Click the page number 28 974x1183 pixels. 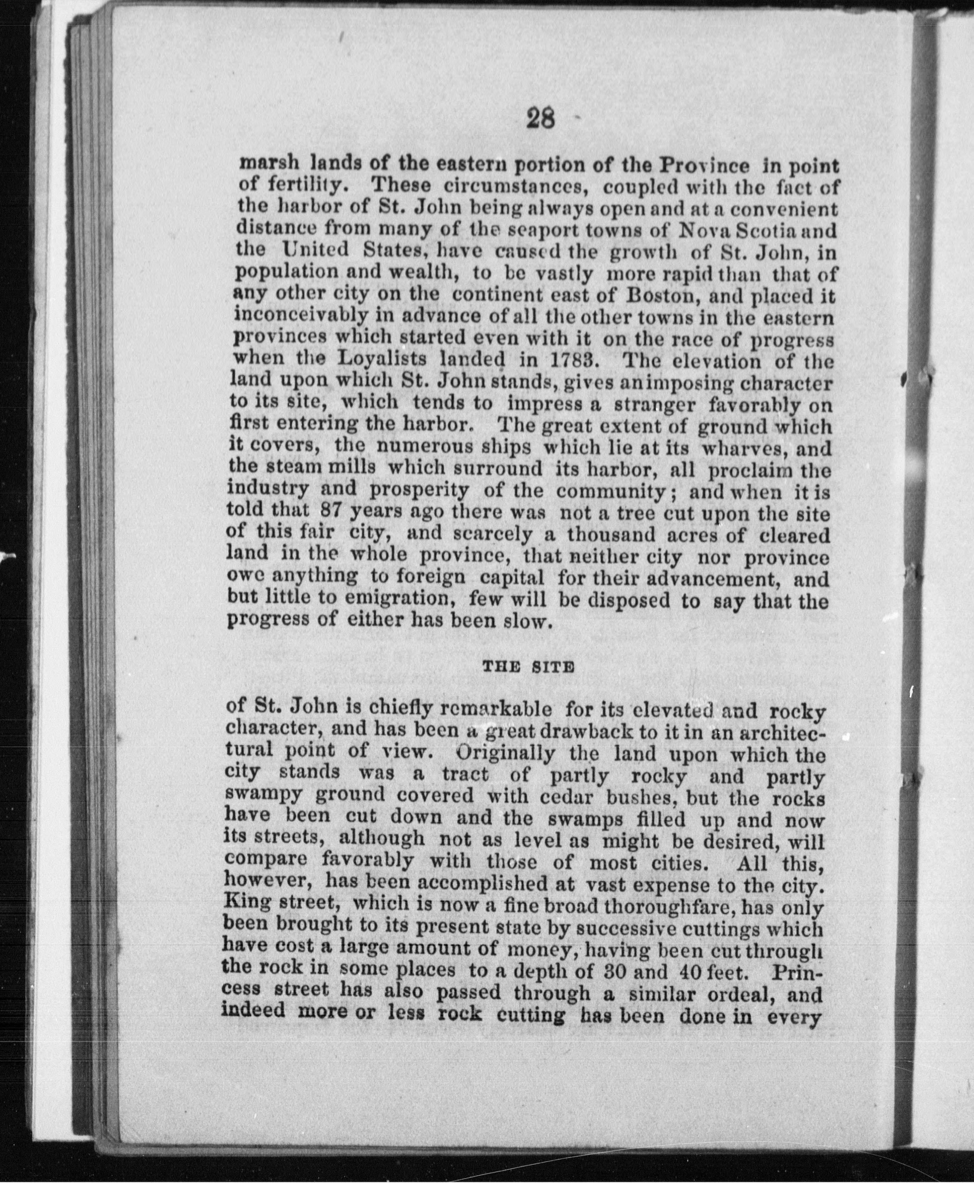[x=540, y=120]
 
